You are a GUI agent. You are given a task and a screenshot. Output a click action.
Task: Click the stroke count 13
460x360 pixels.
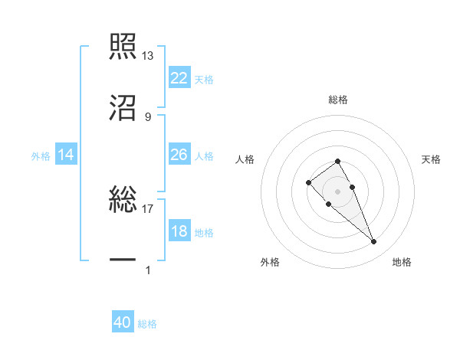click(148, 56)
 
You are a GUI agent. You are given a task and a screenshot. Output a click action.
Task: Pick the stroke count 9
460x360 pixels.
click(148, 116)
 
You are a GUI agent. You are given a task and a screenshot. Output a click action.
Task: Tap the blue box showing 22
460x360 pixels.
click(179, 78)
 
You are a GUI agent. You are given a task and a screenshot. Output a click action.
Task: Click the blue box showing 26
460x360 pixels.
click(179, 155)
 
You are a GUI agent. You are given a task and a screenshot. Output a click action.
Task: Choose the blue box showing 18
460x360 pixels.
click(179, 231)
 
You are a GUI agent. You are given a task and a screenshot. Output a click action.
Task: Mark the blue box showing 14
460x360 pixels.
click(66, 155)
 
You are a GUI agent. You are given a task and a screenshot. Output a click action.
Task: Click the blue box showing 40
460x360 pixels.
click(123, 322)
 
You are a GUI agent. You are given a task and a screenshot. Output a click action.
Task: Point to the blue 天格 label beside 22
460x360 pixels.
click(204, 80)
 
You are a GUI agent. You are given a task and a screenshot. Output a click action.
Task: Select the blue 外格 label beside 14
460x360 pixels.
click(41, 156)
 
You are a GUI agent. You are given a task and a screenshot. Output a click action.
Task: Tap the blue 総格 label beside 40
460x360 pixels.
click(147, 324)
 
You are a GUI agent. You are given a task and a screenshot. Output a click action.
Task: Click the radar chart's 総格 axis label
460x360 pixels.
click(338, 100)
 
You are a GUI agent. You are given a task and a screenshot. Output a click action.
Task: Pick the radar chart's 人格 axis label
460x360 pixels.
click(246, 159)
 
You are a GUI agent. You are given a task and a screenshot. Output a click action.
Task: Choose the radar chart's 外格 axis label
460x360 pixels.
click(270, 262)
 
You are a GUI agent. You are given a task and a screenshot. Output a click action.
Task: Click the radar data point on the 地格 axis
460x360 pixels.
click(373, 242)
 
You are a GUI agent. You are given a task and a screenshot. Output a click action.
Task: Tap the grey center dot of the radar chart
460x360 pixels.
click(337, 191)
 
